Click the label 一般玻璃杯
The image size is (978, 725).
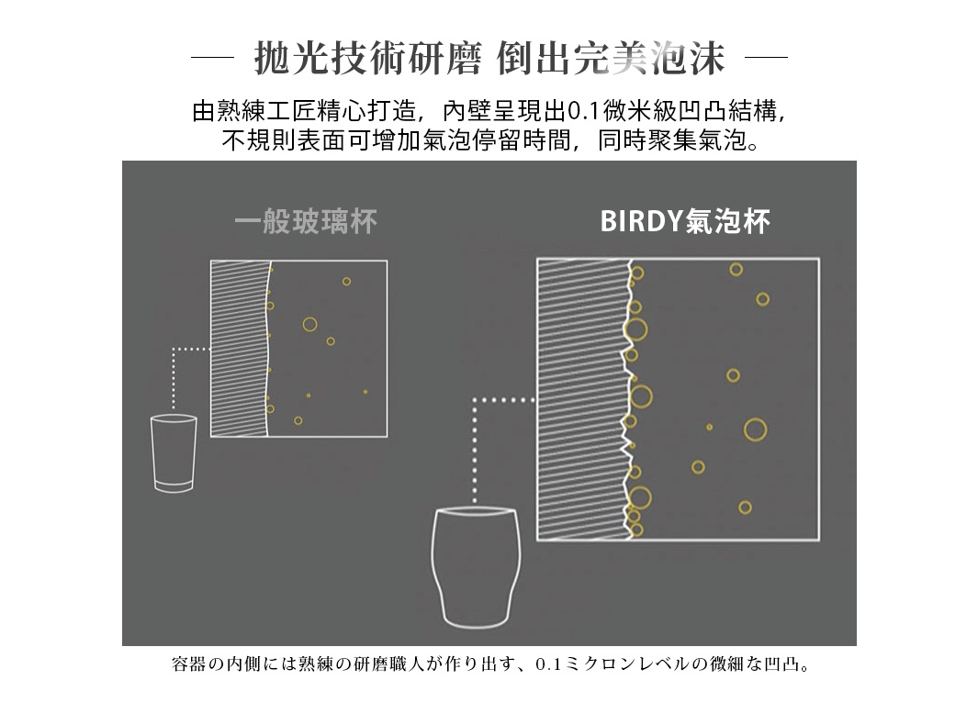pyautogui.click(x=305, y=222)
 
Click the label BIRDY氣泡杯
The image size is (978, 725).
pyautogui.click(x=684, y=222)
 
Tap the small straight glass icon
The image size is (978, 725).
pyautogui.click(x=174, y=453)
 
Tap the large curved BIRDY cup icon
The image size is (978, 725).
pyautogui.click(x=475, y=566)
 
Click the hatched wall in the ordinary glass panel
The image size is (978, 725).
pyautogui.click(x=238, y=349)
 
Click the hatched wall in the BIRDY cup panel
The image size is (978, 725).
pyautogui.click(x=580, y=399)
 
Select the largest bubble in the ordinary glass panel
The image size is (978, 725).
pyautogui.click(x=309, y=324)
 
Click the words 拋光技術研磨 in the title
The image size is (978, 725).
pyautogui.click(x=367, y=60)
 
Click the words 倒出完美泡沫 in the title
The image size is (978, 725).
pyautogui.click(x=611, y=60)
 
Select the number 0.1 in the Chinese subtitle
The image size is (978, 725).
pyautogui.click(x=583, y=113)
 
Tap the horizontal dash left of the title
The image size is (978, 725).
pyautogui.click(x=213, y=60)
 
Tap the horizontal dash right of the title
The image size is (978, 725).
pyautogui.click(x=767, y=60)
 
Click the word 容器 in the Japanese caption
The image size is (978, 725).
pyautogui.click(x=189, y=664)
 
